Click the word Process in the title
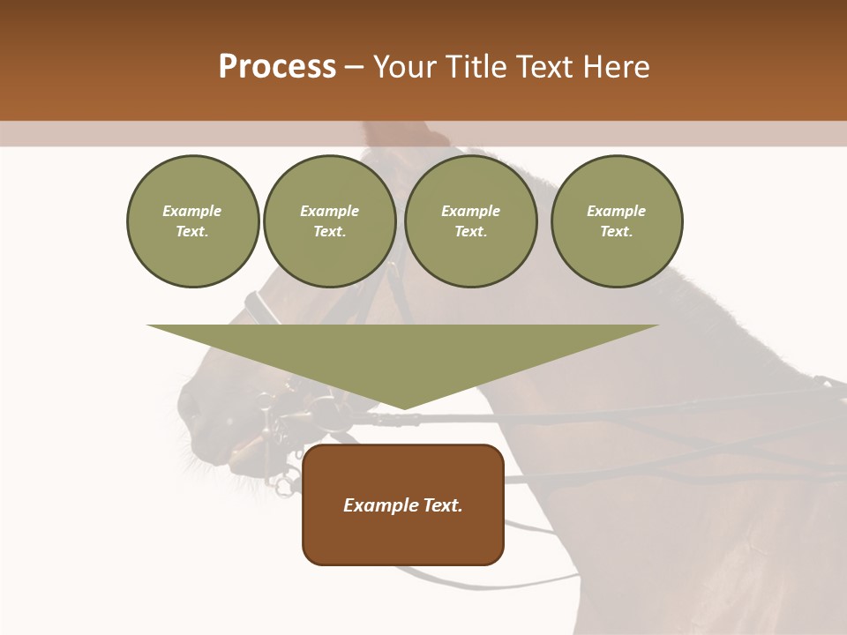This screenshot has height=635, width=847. [x=277, y=67]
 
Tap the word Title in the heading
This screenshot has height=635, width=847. [x=473, y=67]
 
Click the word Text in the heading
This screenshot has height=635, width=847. [x=543, y=67]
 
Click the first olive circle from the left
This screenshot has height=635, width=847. [x=192, y=221]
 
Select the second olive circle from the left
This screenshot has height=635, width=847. [x=330, y=221]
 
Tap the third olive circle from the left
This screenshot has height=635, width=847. [x=470, y=221]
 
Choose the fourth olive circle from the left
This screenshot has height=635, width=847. [x=617, y=221]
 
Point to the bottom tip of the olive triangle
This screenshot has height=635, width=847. [x=403, y=409]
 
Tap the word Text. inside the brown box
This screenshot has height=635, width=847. [x=444, y=505]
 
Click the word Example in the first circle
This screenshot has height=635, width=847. [x=192, y=211]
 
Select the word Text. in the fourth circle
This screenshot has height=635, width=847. [x=617, y=231]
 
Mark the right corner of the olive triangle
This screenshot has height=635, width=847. [x=657, y=325]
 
